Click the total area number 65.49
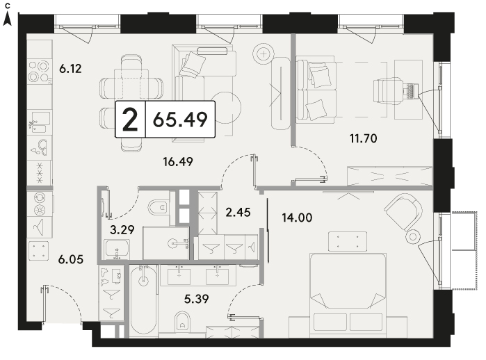[180, 120]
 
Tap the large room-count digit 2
[130, 120]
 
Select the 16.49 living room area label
[178, 161]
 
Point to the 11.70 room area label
[363, 138]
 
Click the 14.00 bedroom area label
[297, 218]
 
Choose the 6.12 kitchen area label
[71, 69]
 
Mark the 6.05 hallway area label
[71, 259]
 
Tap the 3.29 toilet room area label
[122, 229]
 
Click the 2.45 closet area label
[238, 212]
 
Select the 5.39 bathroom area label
[196, 299]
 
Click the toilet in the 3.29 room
[159, 206]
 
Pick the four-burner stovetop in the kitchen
[39, 71]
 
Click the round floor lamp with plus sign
[264, 54]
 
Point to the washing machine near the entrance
[39, 251]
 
